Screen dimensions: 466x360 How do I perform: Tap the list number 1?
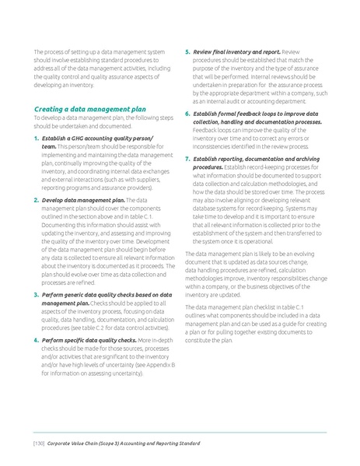pos(36,138)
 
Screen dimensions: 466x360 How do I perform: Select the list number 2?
pos(36,200)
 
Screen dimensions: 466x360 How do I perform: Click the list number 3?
pos(36,296)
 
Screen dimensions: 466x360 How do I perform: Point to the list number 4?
pos(36,340)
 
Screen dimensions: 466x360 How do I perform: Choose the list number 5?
pos(187,51)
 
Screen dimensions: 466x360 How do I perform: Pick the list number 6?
pos(187,114)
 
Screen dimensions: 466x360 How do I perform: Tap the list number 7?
pos(187,159)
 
